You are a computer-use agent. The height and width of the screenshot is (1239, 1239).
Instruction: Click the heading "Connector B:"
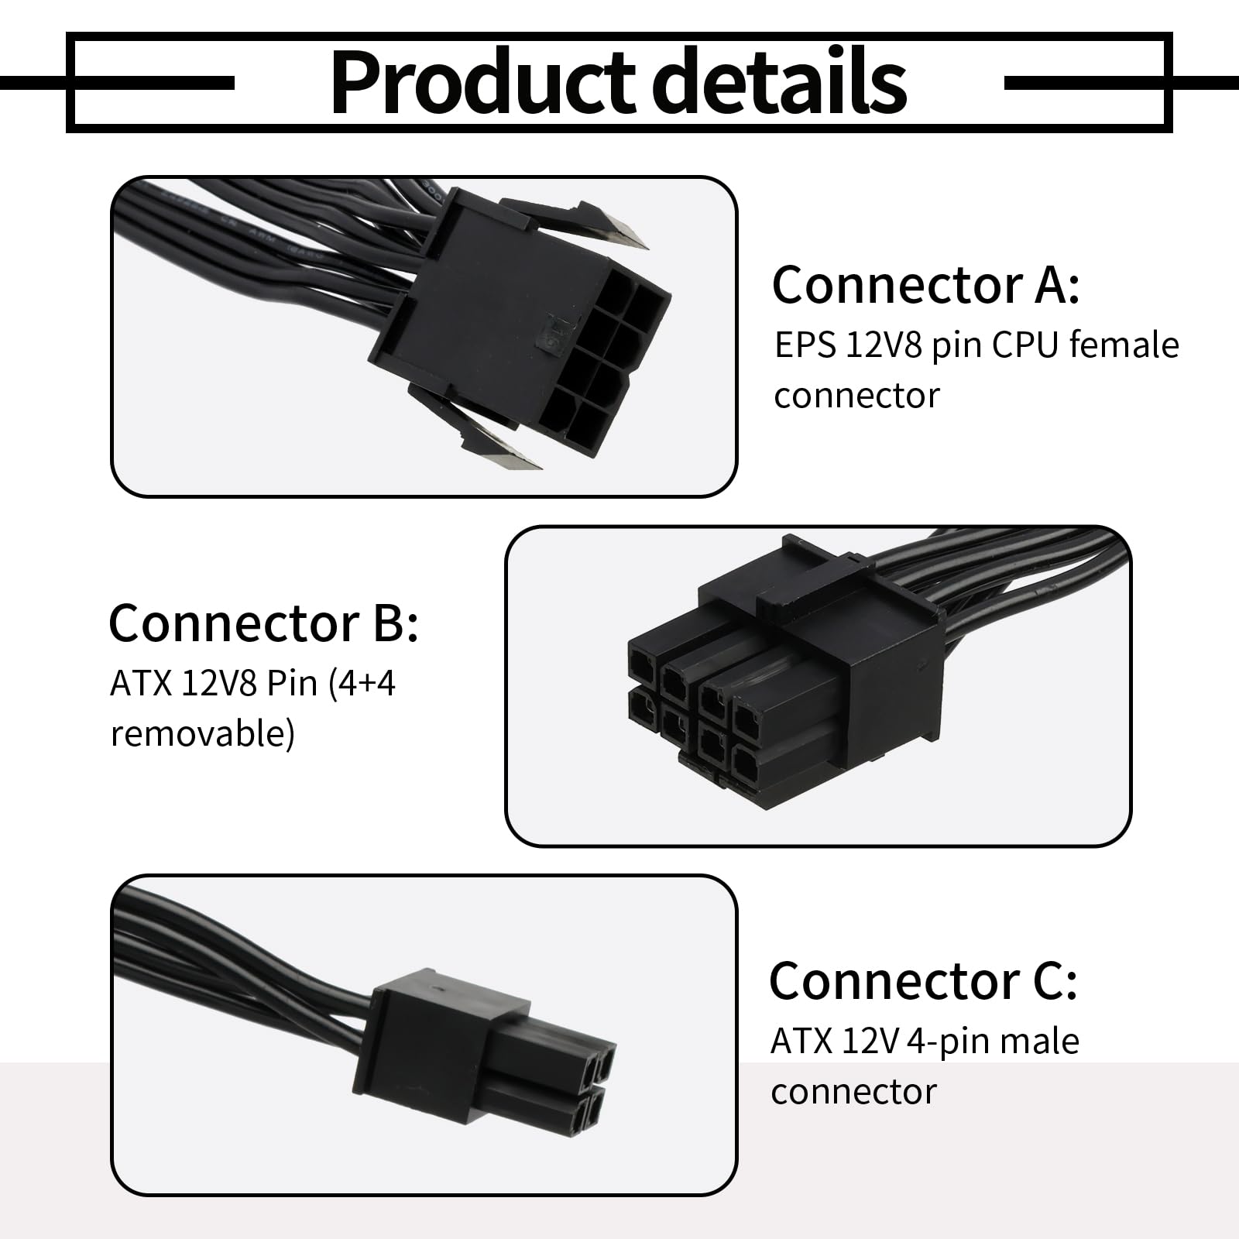pos(263,622)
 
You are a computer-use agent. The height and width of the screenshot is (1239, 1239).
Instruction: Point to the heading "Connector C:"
pos(923,980)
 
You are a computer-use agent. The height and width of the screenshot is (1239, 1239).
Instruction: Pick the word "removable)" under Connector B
pos(203,733)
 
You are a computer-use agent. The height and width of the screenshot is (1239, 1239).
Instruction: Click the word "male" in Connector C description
pos(1039,1041)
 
